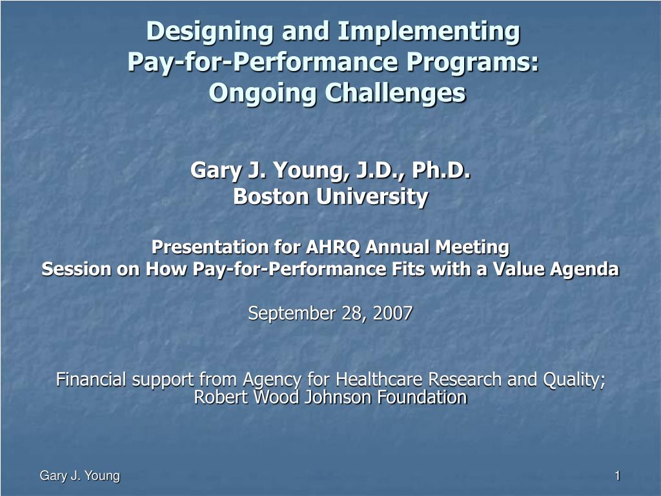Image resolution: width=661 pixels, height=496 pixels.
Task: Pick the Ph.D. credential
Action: tap(441, 171)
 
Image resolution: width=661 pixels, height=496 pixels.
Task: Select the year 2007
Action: tap(394, 314)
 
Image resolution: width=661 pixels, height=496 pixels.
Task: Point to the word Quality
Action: tap(573, 380)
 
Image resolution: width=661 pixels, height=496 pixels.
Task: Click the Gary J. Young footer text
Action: tap(80, 476)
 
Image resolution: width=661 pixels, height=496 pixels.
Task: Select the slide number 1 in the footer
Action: tap(617, 476)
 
